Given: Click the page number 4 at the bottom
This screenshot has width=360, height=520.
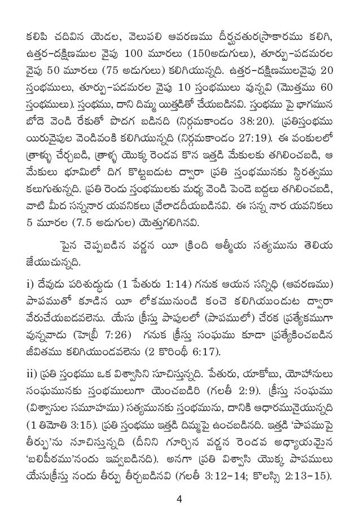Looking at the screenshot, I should tap(179, 499).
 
